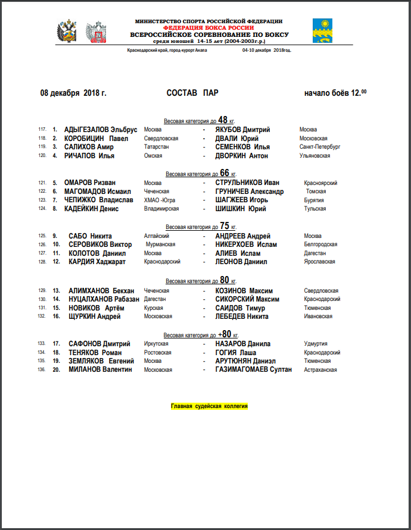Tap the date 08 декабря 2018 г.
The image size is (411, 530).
73,93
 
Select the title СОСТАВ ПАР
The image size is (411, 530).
192,93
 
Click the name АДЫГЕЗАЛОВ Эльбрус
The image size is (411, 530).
101,130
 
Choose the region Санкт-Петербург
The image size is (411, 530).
320,146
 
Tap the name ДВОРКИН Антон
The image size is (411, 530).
242,156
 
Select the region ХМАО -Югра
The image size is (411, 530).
160,200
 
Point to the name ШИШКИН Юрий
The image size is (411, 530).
241,209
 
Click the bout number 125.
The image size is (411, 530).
42,236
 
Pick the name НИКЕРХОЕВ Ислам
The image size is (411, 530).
246,244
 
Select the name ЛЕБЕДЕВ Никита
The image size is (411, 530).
242,316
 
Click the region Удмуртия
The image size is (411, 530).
316,344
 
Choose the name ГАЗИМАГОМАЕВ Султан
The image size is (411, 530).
254,369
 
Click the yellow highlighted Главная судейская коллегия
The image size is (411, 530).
209,406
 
